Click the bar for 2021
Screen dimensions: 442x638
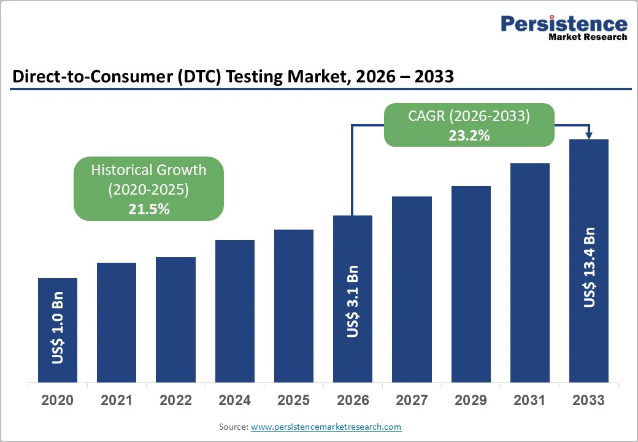click(x=117, y=322)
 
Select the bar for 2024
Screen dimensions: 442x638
click(x=234, y=311)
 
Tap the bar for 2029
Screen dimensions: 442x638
click(x=471, y=284)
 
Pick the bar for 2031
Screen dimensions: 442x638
click(x=530, y=273)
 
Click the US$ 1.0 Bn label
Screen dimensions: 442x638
click(x=58, y=332)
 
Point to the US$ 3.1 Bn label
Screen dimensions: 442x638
click(x=353, y=301)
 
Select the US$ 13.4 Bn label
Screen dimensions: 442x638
click(x=589, y=267)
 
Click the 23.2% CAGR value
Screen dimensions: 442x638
click(x=469, y=136)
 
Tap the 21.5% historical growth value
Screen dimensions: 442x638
click(x=148, y=209)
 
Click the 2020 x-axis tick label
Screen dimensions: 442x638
click(x=58, y=400)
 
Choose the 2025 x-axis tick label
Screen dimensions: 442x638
click(x=293, y=400)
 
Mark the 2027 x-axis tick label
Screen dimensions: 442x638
click(x=412, y=400)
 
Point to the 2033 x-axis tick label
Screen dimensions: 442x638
click(x=589, y=400)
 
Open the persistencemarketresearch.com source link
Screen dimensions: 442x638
click(x=326, y=427)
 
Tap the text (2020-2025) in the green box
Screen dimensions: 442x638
click(x=148, y=190)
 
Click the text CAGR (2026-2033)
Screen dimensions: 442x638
click(x=469, y=116)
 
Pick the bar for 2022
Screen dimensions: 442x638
click(x=175, y=320)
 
